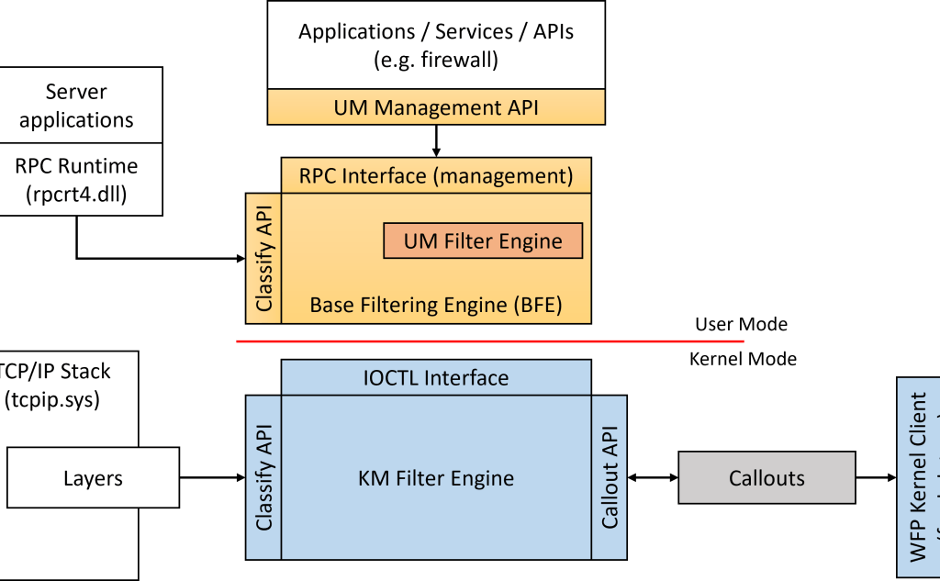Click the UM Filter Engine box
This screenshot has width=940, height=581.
click(483, 241)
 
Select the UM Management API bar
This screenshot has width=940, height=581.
click(436, 107)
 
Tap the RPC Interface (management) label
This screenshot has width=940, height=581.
click(436, 174)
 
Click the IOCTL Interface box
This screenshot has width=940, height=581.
click(436, 376)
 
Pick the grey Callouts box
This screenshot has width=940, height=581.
click(767, 478)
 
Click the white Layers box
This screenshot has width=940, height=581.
click(93, 478)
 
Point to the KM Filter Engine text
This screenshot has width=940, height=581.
click(436, 478)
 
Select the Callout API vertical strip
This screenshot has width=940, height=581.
click(610, 477)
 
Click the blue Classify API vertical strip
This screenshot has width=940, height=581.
click(263, 477)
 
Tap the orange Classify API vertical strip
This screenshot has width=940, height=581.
click(263, 258)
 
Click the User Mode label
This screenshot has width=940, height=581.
click(741, 324)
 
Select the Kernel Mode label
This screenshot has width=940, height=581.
click(743, 359)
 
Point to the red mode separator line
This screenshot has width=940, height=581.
click(489, 341)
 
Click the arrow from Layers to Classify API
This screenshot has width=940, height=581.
click(211, 478)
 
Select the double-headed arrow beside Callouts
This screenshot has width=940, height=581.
click(653, 478)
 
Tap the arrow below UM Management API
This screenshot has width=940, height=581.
click(436, 140)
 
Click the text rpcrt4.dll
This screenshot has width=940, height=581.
click(76, 194)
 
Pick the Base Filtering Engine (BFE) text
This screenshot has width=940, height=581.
click(436, 305)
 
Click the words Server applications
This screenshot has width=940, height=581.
click(76, 106)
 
